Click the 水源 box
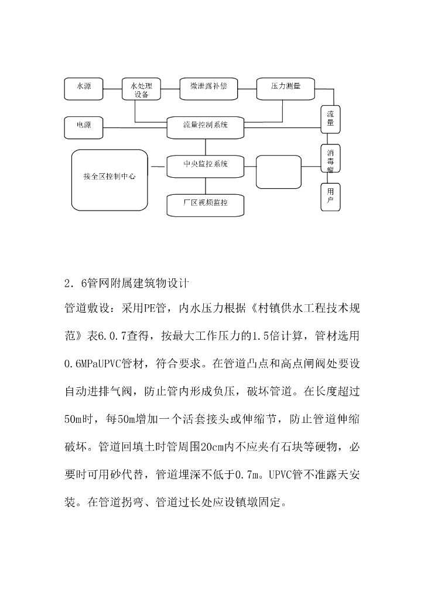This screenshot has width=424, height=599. click(x=84, y=87)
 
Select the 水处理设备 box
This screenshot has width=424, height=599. click(x=141, y=89)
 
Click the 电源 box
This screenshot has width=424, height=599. click(x=84, y=125)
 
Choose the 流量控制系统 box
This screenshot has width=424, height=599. click(x=205, y=126)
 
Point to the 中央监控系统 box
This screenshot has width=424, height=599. click(x=205, y=165)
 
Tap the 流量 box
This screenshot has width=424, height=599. click(x=330, y=119)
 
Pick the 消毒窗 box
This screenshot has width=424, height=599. click(x=330, y=159)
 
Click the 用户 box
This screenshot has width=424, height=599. click(x=330, y=196)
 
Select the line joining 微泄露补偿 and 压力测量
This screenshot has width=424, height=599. click(x=248, y=88)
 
